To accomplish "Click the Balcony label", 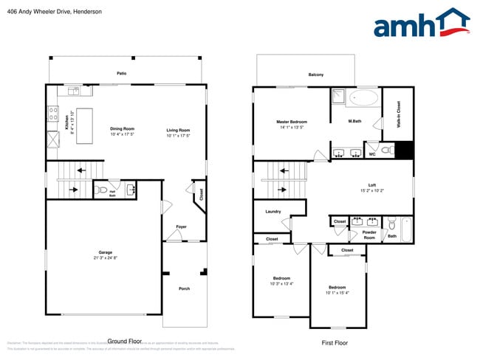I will (x=315, y=75).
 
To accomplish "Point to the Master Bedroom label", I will (x=292, y=122).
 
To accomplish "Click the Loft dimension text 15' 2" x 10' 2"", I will (x=372, y=191).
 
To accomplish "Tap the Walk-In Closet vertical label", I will (x=399, y=116).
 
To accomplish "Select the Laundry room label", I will (x=272, y=212).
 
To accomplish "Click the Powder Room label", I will (x=369, y=235).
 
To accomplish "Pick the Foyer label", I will (x=181, y=226).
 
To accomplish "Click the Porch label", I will (x=185, y=288).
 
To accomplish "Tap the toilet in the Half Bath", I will (x=103, y=190).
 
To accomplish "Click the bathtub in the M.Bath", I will (x=362, y=97).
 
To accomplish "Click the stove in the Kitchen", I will (x=53, y=114).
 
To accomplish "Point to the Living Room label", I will (x=178, y=130).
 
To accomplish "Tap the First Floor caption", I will (x=334, y=342).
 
